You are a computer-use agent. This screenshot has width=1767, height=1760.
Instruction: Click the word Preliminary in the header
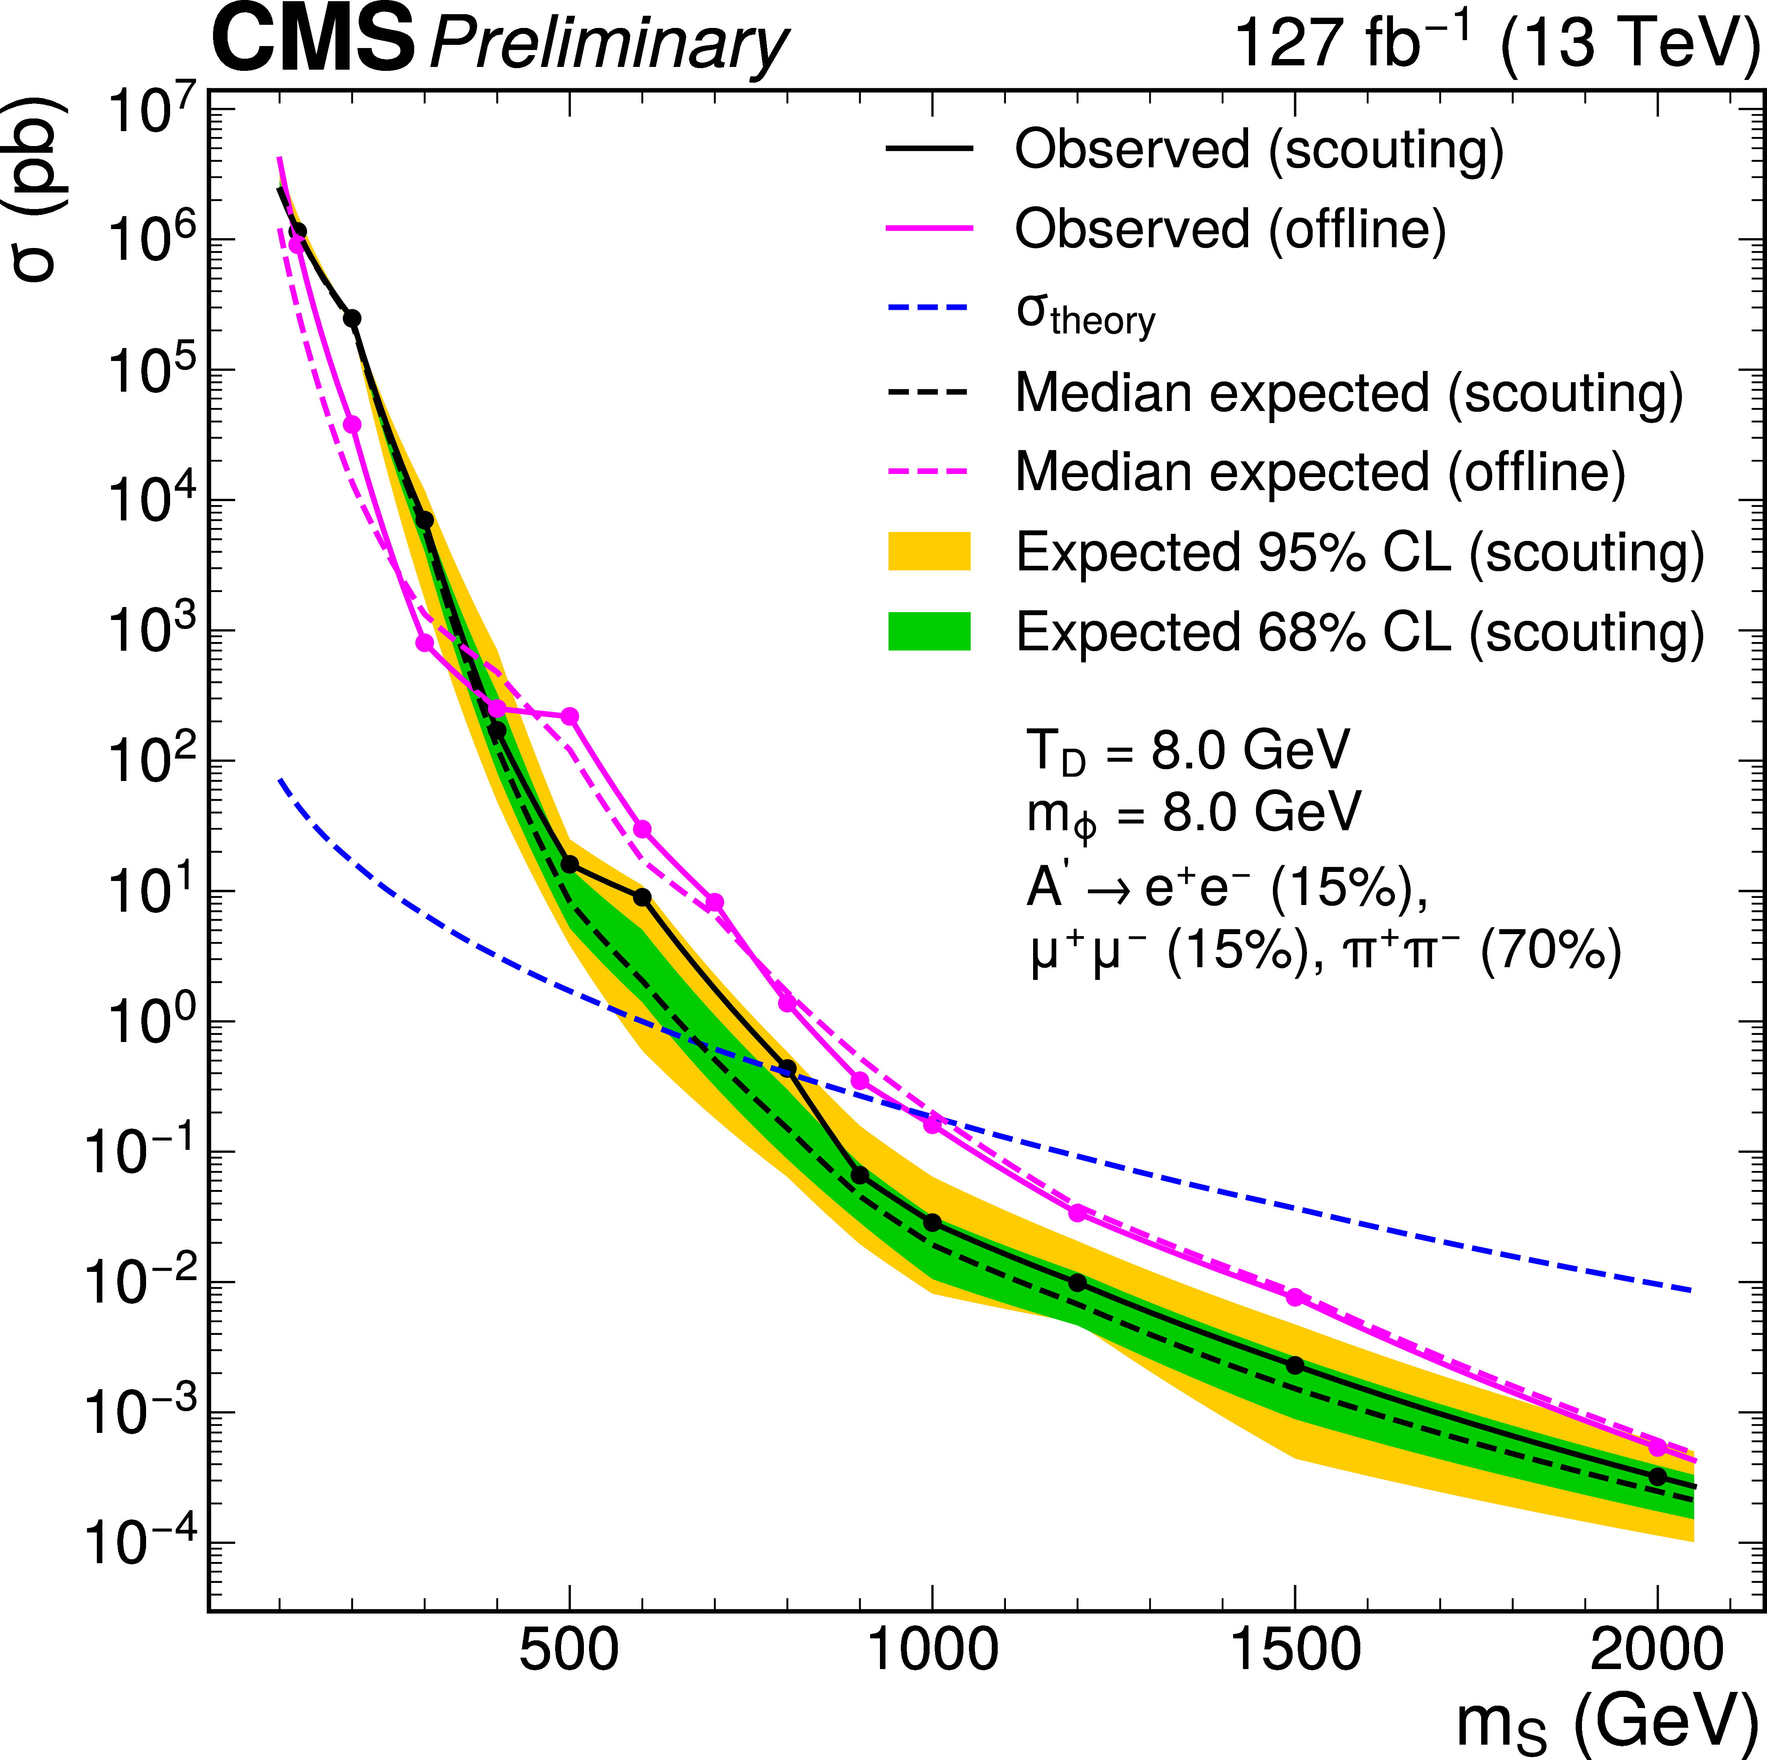[608, 46]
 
